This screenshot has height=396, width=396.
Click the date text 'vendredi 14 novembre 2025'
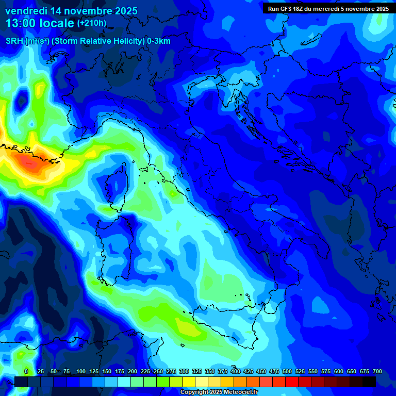(x=71, y=11)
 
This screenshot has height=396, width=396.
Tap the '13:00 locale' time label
(x=39, y=23)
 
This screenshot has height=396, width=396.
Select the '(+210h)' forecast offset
(x=92, y=23)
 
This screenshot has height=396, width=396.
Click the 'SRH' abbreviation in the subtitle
(x=14, y=41)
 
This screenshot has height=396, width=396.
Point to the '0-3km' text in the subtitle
(x=159, y=41)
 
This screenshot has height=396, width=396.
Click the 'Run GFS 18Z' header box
(x=328, y=9)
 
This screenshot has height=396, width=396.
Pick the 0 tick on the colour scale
(x=26, y=371)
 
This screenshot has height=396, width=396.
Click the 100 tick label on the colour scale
(x=80, y=371)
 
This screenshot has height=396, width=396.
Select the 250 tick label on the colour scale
(x=158, y=371)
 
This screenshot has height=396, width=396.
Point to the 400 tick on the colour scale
(x=236, y=371)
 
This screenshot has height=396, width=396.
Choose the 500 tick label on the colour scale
(x=287, y=371)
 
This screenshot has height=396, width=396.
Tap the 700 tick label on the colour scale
(x=377, y=371)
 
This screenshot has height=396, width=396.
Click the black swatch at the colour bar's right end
(x=369, y=382)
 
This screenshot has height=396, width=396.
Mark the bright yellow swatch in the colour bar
(x=189, y=382)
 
